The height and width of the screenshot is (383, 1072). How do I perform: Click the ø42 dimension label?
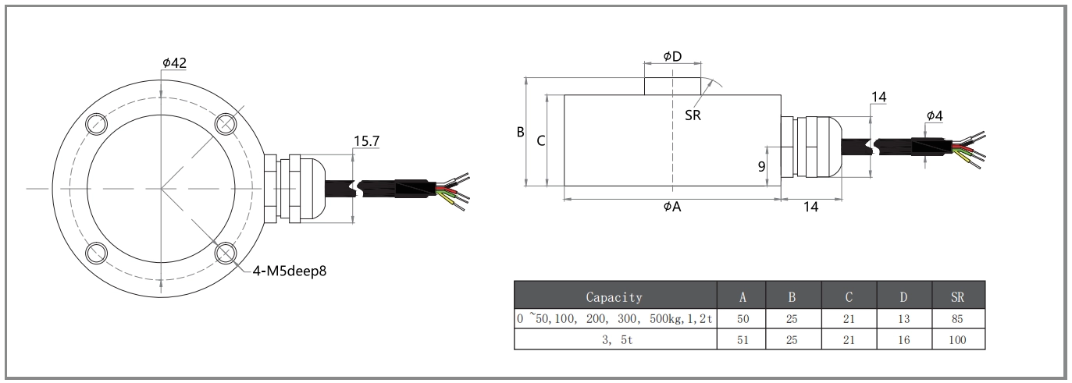pos(175,62)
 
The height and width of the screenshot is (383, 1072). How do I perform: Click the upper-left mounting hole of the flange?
pos(96,123)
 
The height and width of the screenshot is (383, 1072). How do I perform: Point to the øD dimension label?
pos(672,56)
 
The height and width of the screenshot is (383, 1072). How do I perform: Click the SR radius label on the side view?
pos(692,115)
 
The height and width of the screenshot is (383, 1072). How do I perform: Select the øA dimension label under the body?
pos(672,207)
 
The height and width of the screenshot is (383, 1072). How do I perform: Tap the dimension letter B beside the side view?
pos(520,132)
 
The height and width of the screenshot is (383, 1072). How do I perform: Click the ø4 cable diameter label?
pos(935,115)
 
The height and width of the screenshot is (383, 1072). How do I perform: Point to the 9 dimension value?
pos(761,165)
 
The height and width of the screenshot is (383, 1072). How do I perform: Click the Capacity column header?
pos(614,296)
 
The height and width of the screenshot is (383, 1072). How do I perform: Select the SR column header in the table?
pos(958,296)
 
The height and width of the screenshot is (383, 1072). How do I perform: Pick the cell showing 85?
pos(958,319)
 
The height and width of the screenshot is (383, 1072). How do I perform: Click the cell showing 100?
pos(958,341)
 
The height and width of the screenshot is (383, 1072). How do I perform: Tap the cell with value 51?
pos(742,341)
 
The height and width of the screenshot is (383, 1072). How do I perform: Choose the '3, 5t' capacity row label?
pos(614,341)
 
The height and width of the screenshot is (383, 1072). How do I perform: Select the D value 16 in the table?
pos(904,341)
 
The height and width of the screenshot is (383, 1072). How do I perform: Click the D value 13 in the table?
pos(904,319)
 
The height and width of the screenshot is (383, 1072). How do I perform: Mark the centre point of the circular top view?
pos(162,188)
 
